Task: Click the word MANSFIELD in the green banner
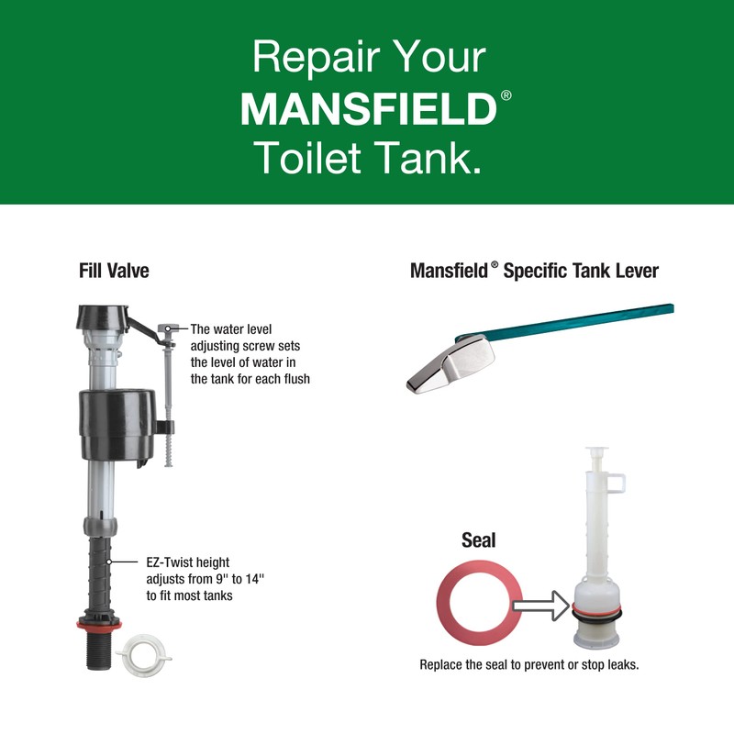(x=367, y=107)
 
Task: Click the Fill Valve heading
(x=114, y=272)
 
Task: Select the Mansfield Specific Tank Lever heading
(x=534, y=272)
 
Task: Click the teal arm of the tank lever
(x=587, y=320)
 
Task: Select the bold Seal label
(x=478, y=540)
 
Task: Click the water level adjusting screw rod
(x=168, y=395)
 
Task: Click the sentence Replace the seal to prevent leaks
(x=528, y=664)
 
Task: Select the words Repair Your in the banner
(x=367, y=57)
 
